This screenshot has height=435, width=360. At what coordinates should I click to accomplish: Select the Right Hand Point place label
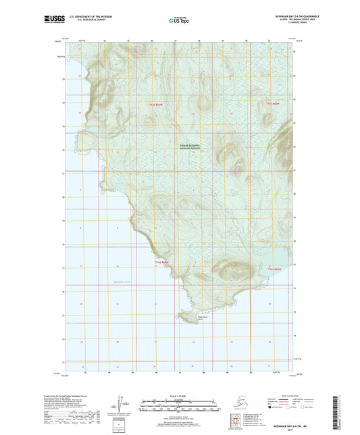pyautogui.click(x=201, y=315)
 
